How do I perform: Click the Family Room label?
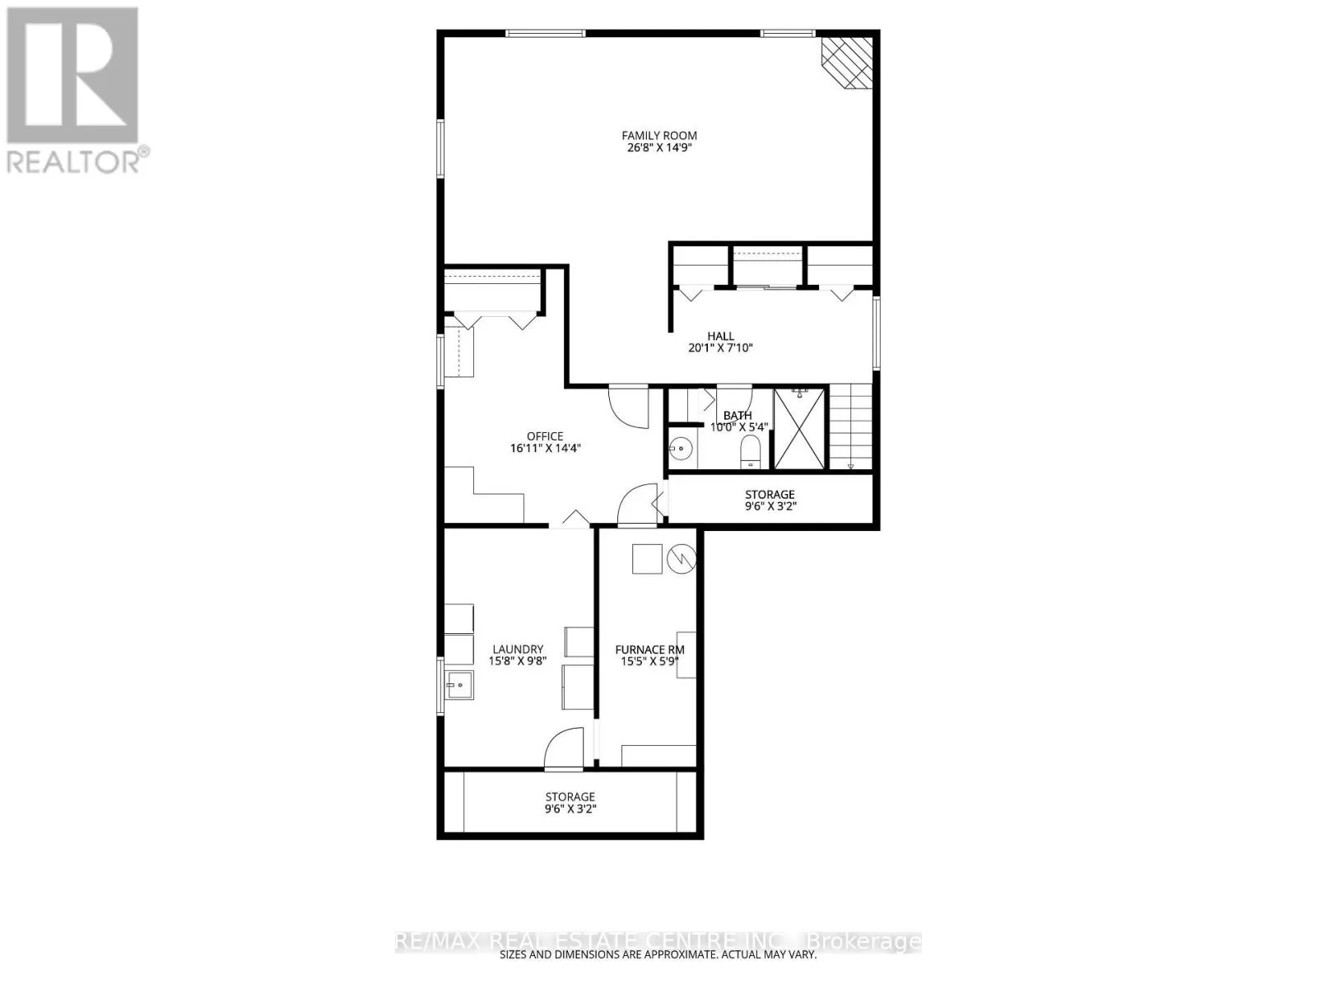pyautogui.click(x=658, y=136)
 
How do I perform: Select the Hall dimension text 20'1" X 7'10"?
pyautogui.click(x=720, y=347)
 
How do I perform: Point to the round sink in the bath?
pyautogui.click(x=681, y=448)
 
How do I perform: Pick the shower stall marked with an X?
pyautogui.click(x=799, y=428)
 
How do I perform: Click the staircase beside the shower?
pyautogui.click(x=850, y=426)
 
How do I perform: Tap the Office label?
pyautogui.click(x=545, y=436)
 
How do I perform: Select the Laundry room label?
pyautogui.click(x=518, y=649)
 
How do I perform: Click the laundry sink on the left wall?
pyautogui.click(x=459, y=684)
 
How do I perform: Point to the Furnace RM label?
pyautogui.click(x=649, y=650)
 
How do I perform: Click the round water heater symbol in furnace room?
pyautogui.click(x=681, y=558)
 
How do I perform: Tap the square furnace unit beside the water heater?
pyautogui.click(x=647, y=559)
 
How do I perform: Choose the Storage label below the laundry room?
pyautogui.click(x=570, y=797)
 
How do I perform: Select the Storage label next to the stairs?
pyautogui.click(x=770, y=494)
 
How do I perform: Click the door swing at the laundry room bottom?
pyautogui.click(x=563, y=748)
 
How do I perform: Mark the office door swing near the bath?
pyautogui.click(x=629, y=406)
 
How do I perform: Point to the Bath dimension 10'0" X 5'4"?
pyautogui.click(x=738, y=427)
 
